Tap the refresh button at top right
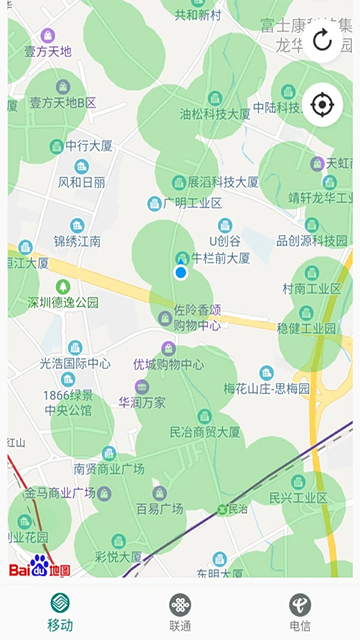pyautogui.click(x=322, y=40)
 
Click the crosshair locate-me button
pyautogui.click(x=322, y=104)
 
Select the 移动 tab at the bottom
pyautogui.click(x=60, y=612)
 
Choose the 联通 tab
pyautogui.click(x=180, y=612)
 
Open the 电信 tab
pyautogui.click(x=300, y=612)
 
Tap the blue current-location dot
pyautogui.click(x=181, y=272)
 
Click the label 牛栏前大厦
pyautogui.click(x=220, y=257)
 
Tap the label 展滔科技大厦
pyautogui.click(x=222, y=182)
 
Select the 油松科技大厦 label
pyautogui.click(x=215, y=114)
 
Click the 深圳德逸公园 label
pyautogui.click(x=62, y=301)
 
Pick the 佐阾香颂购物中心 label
pyautogui.click(x=197, y=318)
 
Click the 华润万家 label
pyautogui.click(x=142, y=402)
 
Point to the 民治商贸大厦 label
pyautogui.click(x=205, y=432)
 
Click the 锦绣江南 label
pyautogui.click(x=77, y=241)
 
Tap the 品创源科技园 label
pyautogui.click(x=311, y=241)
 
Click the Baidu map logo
pyautogui.click(x=40, y=568)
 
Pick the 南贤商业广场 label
pyautogui.click(x=109, y=468)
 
